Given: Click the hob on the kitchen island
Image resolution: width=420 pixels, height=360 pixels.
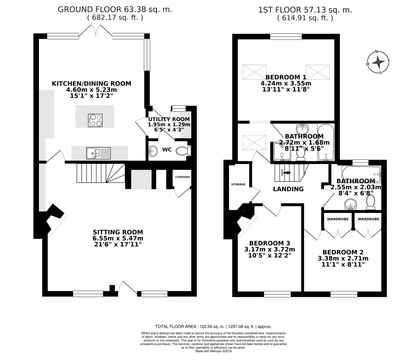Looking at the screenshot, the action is coord(95,120).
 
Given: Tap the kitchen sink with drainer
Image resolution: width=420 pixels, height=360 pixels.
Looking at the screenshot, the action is coord(99,153).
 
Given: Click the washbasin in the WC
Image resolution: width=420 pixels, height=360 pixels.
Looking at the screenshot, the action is coord(153,151).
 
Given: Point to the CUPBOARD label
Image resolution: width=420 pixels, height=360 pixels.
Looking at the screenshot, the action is coord(183,177).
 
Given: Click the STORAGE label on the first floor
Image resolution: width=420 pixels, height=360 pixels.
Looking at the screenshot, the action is coord(238,184).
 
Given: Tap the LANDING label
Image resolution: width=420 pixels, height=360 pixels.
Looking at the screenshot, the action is coord(288,189).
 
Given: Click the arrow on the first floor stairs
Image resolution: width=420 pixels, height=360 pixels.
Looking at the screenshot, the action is coord(287,173).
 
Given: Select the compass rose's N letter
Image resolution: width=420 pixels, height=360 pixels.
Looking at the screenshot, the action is coord(376,52).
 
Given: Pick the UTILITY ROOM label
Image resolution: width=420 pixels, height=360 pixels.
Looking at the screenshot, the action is coord(169,119).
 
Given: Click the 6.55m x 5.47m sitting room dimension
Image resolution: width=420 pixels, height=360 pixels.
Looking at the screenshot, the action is coord(118,238).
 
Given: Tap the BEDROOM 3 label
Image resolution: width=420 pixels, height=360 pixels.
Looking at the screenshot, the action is coord(270,243).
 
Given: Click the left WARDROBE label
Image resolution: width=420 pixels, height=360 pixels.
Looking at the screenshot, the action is coord(338,219).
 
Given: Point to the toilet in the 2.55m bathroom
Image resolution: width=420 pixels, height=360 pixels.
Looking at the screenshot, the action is coord(371,202).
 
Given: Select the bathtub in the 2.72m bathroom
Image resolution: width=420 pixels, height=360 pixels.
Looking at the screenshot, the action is coord(326,142).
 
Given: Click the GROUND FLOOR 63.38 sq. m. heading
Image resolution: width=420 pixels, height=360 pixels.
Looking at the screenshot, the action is coord(115,10).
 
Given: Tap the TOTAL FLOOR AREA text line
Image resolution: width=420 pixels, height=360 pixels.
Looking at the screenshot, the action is coord(213,327).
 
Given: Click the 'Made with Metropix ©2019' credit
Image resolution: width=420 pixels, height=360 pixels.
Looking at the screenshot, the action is coord(213,351).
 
